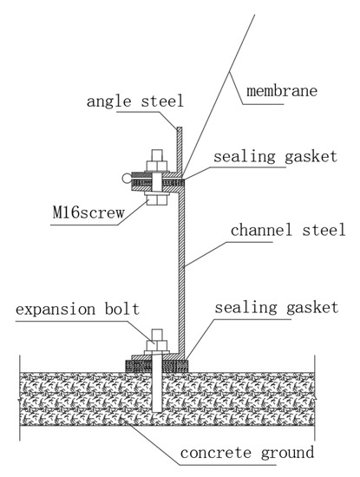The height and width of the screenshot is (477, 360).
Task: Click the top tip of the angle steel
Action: (x=179, y=127)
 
